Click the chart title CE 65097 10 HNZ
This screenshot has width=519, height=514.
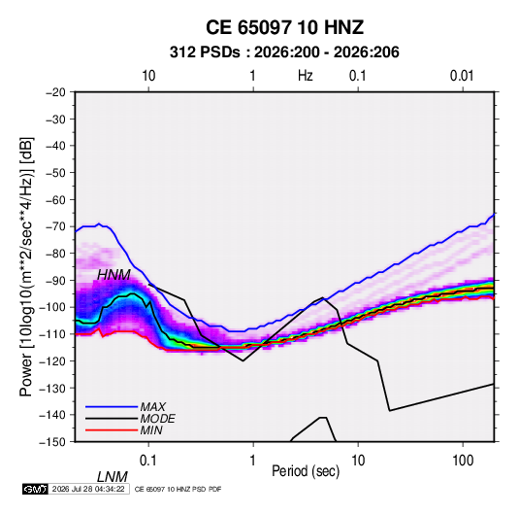tap(284, 27)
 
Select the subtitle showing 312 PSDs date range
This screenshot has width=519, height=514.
tap(284, 52)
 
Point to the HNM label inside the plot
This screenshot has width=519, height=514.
tap(114, 275)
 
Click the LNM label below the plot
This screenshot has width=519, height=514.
tap(113, 477)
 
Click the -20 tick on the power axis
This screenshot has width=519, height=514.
tap(55, 92)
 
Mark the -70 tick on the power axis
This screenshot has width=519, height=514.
tap(55, 226)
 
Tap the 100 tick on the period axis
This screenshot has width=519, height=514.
tap(463, 461)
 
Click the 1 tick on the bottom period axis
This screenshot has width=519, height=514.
tap(253, 461)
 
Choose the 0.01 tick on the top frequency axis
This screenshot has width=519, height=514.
tap(462, 76)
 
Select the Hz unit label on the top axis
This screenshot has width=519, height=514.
tap(306, 76)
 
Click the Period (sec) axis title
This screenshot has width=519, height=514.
tap(306, 471)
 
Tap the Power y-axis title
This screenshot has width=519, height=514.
tap(26, 267)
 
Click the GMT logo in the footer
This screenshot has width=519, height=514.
tap(35, 489)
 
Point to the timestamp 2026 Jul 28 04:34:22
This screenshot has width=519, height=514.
tap(88, 489)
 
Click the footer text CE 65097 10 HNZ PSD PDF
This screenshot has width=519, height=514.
tap(178, 489)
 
